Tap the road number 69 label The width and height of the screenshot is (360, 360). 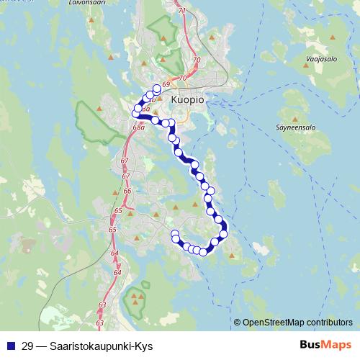166,85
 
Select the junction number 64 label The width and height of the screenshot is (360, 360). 115,254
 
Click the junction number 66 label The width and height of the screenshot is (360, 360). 127,191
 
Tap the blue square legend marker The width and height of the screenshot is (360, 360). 10,346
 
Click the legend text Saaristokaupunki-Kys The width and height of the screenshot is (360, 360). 102,346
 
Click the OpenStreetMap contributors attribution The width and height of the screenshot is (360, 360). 297,323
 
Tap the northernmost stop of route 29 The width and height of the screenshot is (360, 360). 157,88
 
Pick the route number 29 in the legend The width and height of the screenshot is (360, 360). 28,346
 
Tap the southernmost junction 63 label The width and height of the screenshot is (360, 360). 100,323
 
